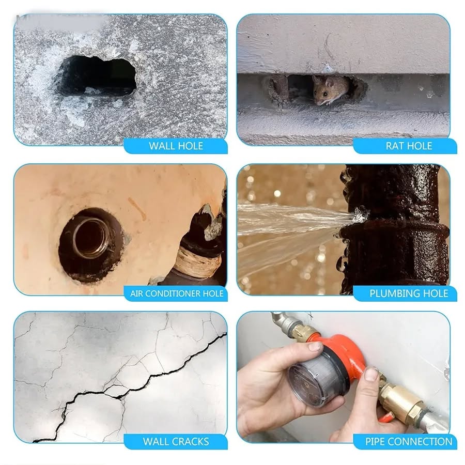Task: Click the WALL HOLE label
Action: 176,146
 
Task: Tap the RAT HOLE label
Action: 409,146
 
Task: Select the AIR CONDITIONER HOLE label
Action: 177,293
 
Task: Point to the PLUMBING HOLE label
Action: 409,293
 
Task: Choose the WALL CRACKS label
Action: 176,442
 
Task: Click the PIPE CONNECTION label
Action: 409,442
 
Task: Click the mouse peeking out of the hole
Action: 330,90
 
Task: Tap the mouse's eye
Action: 326,94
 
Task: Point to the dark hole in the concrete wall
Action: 98,75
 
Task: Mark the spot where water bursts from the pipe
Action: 360,214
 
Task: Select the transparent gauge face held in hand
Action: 314,378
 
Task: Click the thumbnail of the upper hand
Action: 315,346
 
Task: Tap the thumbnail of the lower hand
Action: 370,374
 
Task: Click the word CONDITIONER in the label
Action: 173,293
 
